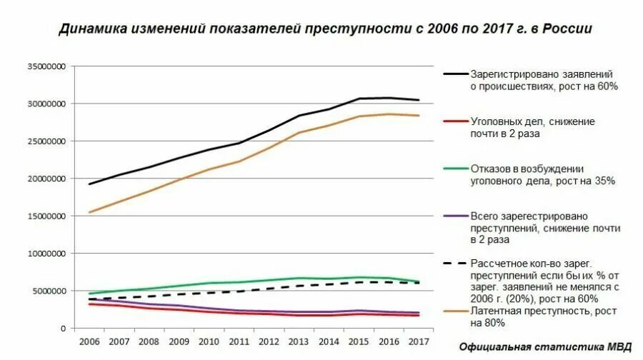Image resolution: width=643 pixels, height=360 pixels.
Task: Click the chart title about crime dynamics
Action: point(325,29)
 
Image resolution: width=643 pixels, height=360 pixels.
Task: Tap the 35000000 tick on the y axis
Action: point(46,66)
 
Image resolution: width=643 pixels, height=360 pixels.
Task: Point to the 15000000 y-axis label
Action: point(46,216)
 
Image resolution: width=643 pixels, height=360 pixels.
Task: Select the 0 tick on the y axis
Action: point(63,328)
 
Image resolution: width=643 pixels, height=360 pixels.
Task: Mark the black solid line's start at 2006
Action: point(89,184)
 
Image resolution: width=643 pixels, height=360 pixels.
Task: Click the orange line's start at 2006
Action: point(89,212)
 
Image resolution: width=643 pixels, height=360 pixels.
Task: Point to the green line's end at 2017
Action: point(419,281)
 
